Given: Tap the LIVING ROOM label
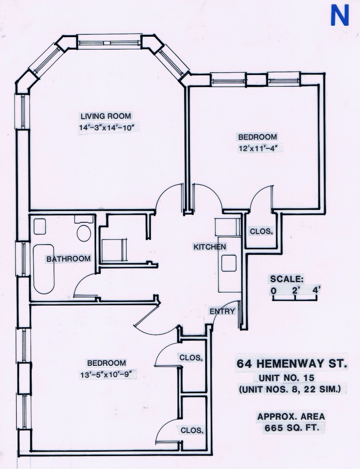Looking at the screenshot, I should click(x=106, y=116).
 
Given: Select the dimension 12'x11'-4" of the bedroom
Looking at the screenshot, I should click(x=258, y=148).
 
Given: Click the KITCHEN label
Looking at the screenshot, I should click(x=210, y=247).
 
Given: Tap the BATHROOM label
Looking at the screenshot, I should click(x=68, y=259).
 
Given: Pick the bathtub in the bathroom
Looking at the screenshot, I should click(x=44, y=269).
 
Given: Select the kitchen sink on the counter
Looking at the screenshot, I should click(x=229, y=263).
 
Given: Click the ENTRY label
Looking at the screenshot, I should click(x=222, y=311).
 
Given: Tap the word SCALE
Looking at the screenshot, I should click(x=287, y=279).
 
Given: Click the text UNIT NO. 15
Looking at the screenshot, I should click(x=287, y=378).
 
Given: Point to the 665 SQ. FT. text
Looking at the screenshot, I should click(x=292, y=428).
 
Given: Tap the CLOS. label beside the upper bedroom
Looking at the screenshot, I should click(x=261, y=231).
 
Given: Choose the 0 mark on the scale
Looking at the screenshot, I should click(x=273, y=290).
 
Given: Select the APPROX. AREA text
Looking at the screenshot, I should click(x=291, y=417).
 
